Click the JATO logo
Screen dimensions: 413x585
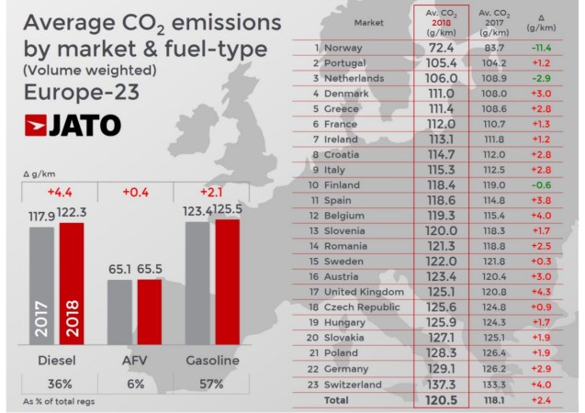73,125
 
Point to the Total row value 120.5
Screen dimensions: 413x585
443,400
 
